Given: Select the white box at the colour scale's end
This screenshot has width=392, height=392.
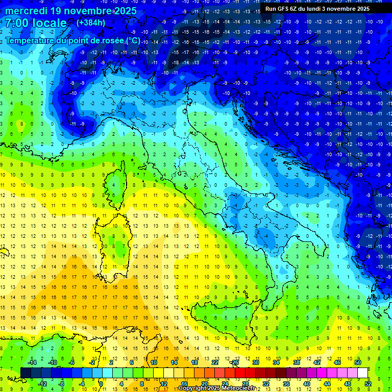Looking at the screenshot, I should [363, 373].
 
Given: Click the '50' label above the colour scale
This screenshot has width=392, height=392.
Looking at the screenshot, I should [358, 362].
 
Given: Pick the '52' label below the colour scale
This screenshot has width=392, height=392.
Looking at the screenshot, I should [368, 383].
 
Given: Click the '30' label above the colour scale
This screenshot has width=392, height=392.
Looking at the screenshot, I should [256, 362].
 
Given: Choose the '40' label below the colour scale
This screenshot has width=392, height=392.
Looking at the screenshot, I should [307, 383].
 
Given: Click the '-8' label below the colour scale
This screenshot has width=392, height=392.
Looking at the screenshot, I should [62, 383].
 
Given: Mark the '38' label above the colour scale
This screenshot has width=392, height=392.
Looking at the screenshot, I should [297, 362].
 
